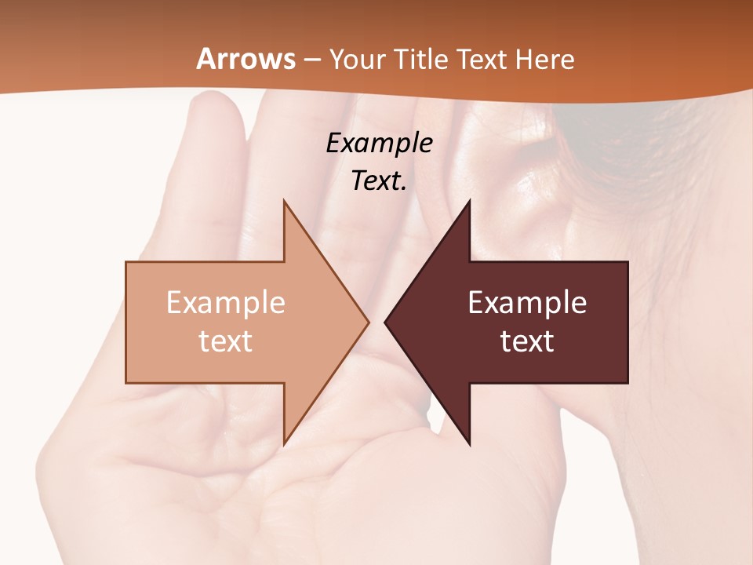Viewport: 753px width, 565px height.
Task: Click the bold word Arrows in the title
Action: click(246, 59)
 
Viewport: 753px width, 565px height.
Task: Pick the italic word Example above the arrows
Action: click(379, 144)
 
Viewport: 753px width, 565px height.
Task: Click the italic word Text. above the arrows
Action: click(379, 180)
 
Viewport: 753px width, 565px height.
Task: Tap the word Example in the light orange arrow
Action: click(225, 303)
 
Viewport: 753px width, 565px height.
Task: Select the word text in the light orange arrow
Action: click(225, 341)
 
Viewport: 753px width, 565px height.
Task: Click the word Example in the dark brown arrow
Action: click(527, 303)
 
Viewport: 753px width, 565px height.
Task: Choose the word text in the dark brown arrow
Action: click(527, 341)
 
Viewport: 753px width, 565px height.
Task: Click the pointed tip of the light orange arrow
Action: click(367, 322)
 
